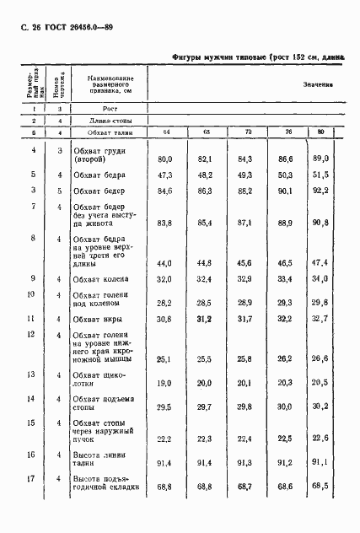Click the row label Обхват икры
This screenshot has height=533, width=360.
pos(99,319)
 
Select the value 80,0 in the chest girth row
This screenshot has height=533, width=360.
pos(165,159)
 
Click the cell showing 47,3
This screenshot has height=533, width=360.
pos(165,175)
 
